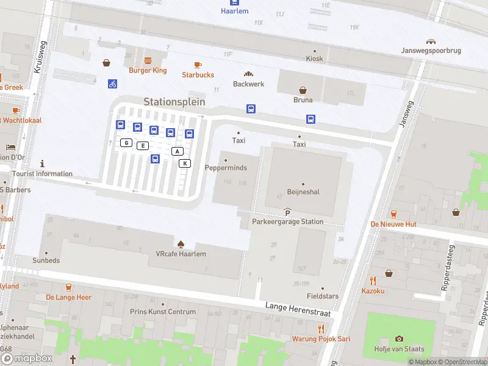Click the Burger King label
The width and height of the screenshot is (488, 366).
[148, 71]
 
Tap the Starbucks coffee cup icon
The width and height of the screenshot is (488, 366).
[198, 65]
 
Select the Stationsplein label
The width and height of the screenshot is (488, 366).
[174, 102]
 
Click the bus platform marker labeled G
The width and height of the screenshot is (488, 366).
[126, 143]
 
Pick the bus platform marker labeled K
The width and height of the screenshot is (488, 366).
[185, 163]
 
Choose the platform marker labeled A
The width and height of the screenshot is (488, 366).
[178, 151]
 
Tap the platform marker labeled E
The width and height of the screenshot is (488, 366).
[143, 145]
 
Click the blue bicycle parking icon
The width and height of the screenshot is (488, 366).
[112, 84]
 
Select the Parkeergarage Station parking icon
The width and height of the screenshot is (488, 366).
[287, 212]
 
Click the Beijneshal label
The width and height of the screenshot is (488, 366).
[303, 192]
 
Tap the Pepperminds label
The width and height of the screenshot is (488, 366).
[226, 168]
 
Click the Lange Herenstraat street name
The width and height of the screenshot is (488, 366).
[298, 309]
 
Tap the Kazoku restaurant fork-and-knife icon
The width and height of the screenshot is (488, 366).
[373, 281]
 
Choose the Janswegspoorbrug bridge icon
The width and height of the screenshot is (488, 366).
[431, 42]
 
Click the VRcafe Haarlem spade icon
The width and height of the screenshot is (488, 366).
[180, 244]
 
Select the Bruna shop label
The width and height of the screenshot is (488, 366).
[303, 100]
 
